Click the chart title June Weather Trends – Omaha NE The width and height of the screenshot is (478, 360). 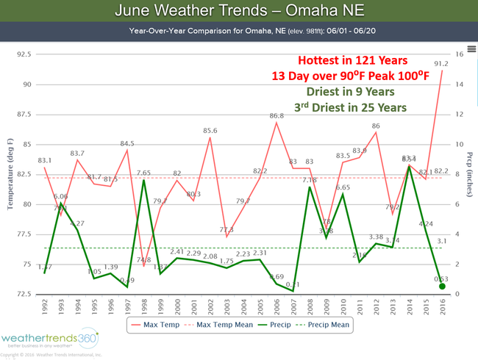(x=238, y=12)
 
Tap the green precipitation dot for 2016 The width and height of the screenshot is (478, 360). (x=443, y=287)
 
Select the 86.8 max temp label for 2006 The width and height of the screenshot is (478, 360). (x=277, y=116)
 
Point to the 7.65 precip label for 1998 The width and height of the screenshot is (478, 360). (x=143, y=173)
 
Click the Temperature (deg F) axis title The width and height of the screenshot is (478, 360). (x=11, y=174)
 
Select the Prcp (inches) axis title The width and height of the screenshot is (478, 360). (x=468, y=174)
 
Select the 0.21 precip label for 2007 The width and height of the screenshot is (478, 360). (x=293, y=284)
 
